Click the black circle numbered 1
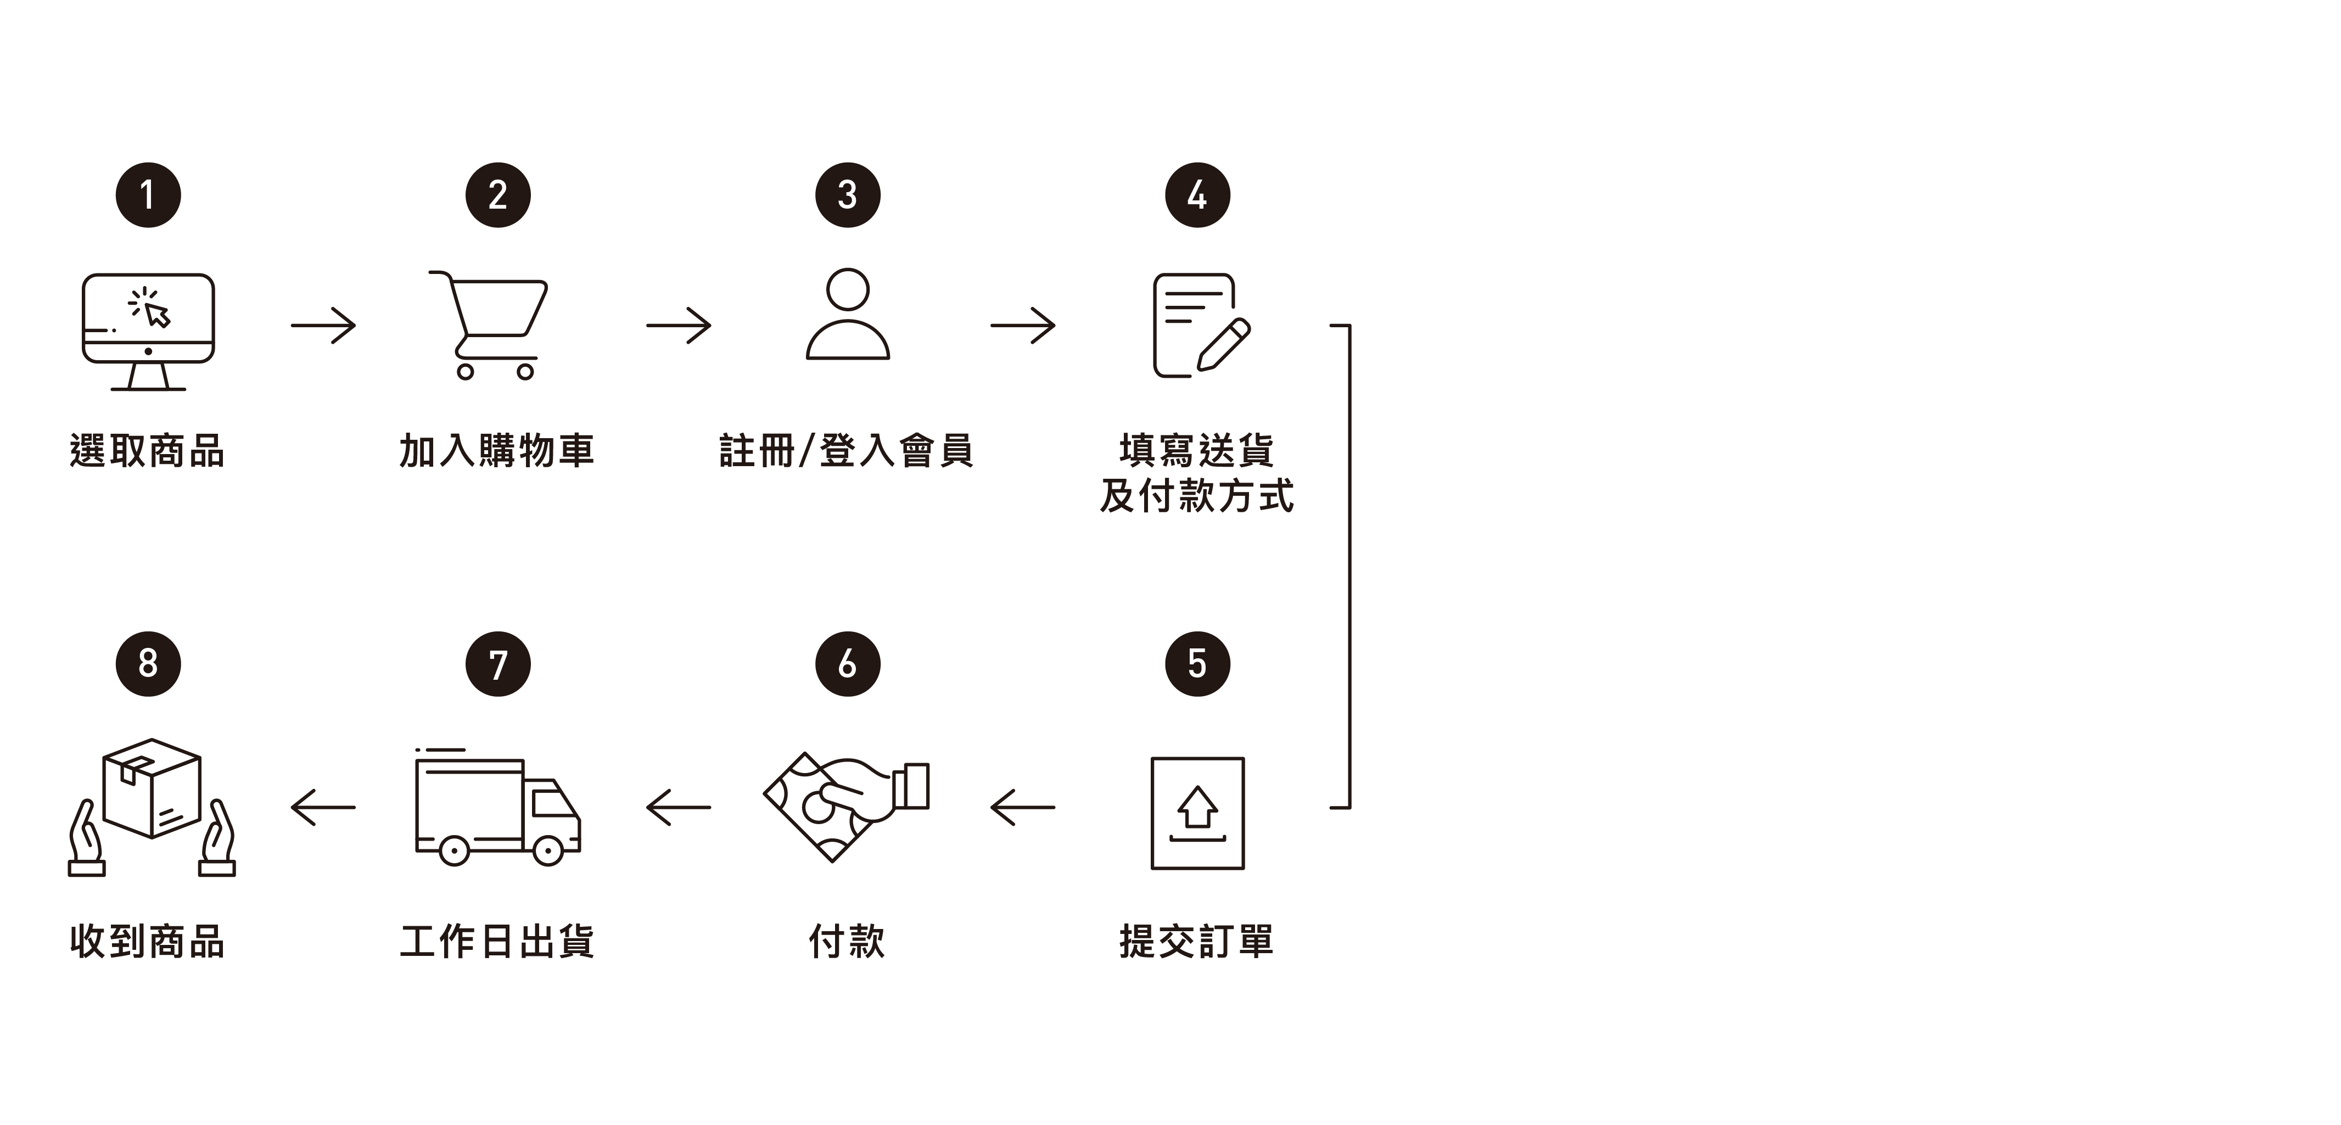click(x=148, y=195)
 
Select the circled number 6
click(x=847, y=664)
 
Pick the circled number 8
click(x=148, y=664)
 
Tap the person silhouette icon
click(x=847, y=315)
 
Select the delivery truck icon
click(x=497, y=807)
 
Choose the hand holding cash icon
click(x=845, y=807)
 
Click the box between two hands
click(x=152, y=807)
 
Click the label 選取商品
click(x=147, y=452)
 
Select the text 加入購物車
click(x=497, y=452)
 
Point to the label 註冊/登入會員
click(x=846, y=452)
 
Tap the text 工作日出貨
click(x=497, y=942)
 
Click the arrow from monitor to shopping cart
click(x=323, y=326)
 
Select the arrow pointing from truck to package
click(x=323, y=807)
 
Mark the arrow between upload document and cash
click(x=1022, y=807)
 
